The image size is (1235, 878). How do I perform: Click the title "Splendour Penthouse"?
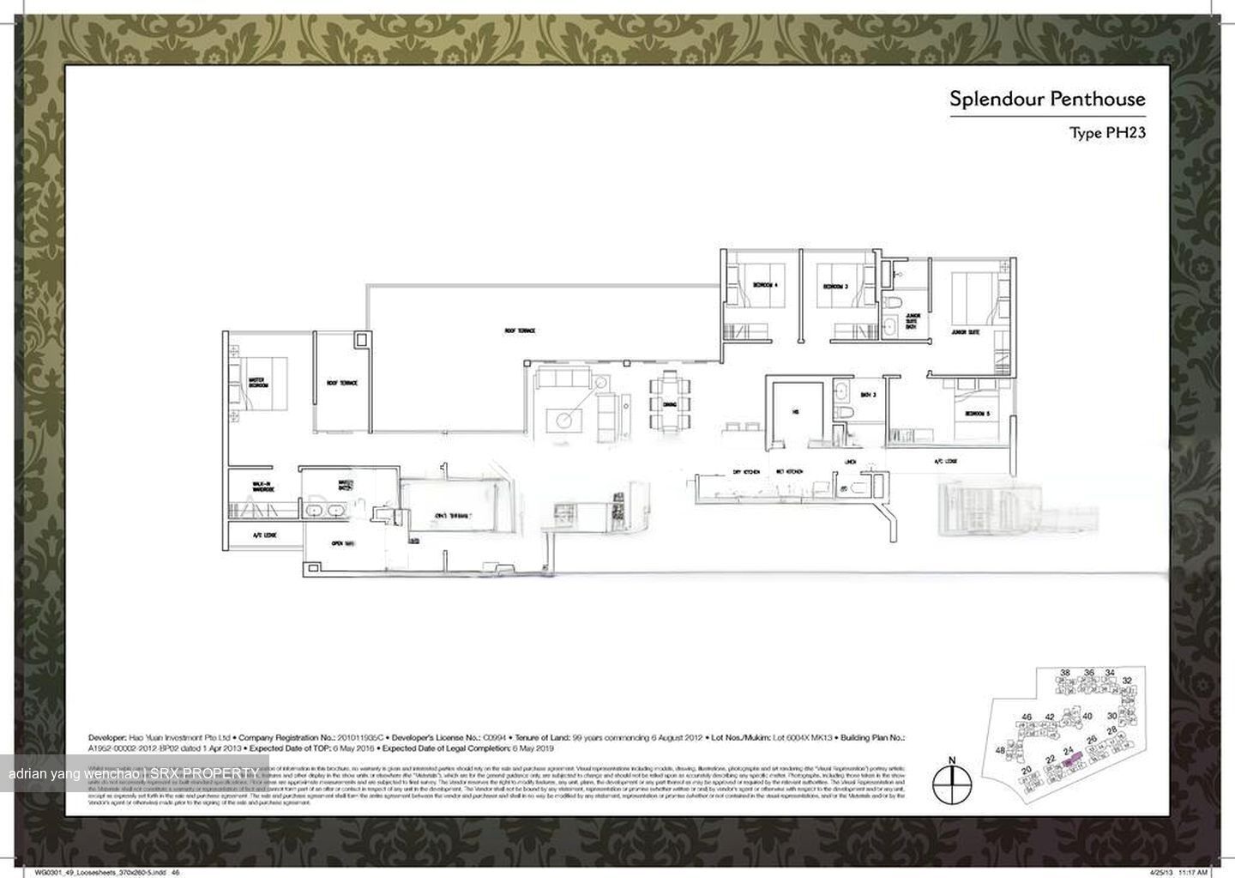[1046, 99]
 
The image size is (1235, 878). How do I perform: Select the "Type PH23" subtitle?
[1106, 133]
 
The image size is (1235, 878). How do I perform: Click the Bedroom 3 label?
[835, 286]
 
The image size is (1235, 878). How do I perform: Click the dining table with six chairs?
[668, 403]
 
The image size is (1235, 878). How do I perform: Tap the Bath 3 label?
[868, 395]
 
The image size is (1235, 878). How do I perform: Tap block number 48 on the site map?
[1000, 750]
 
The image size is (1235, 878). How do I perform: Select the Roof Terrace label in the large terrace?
[520, 330]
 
